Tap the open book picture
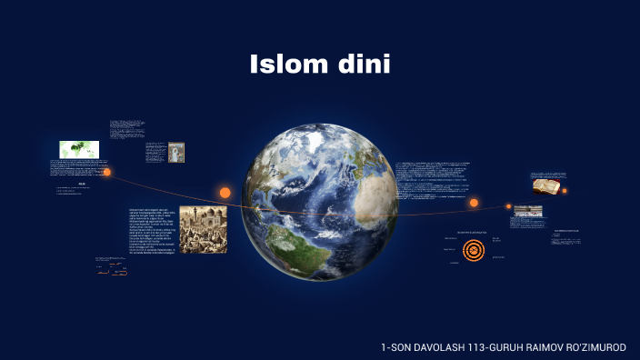point(545,185)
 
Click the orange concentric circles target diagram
point(474,248)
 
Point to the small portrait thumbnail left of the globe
point(176,152)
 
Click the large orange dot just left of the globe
point(225,193)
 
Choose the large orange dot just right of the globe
point(474,203)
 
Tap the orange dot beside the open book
point(565,191)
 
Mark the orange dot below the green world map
point(106,172)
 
